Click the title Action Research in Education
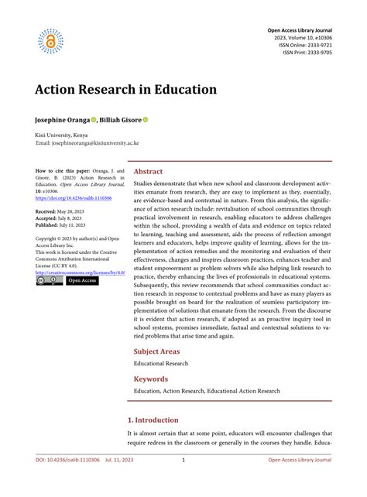tap(125, 89)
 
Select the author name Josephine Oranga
tap(62, 121)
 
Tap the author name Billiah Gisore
tap(120, 121)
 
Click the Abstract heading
tap(148, 172)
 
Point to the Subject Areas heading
tap(161, 351)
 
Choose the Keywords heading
tap(150, 379)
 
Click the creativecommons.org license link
tap(77, 272)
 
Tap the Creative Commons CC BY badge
tap(49, 281)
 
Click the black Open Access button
tap(82, 281)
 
